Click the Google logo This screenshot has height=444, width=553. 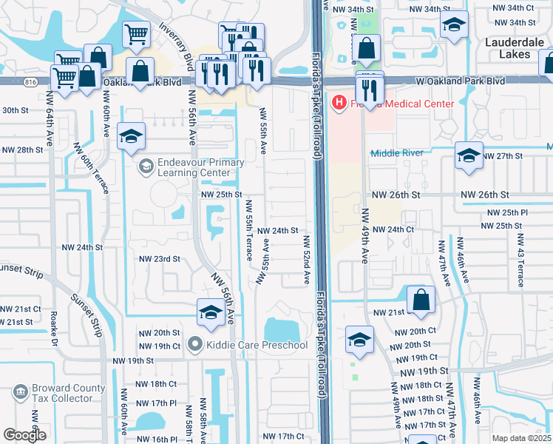pos(24,435)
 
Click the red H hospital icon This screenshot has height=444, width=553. pos(340,102)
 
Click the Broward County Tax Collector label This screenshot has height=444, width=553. pos(62,393)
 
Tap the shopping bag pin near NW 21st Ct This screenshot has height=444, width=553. pos(421,300)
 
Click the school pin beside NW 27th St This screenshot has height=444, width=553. pos(469,155)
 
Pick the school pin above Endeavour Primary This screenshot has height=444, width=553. pos(131,136)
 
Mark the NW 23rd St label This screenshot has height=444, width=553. pos(160,259)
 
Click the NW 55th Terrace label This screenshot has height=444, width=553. pos(248,229)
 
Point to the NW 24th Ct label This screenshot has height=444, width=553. pos(393,230)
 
